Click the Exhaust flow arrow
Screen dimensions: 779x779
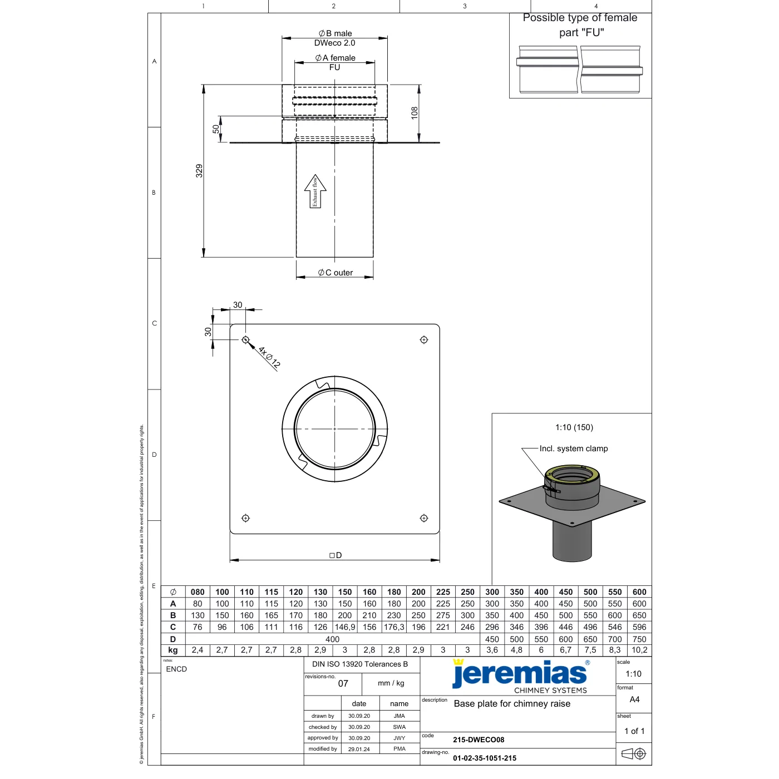[x=315, y=191]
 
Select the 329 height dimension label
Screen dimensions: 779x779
[x=199, y=171]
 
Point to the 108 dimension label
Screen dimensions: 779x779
[x=415, y=112]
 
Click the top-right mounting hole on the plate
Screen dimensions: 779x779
[x=423, y=339]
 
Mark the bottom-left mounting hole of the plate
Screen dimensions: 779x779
[x=245, y=518]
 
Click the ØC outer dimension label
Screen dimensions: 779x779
[x=335, y=273]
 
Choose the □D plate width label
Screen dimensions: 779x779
[x=335, y=555]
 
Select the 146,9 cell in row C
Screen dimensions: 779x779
[x=345, y=627]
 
